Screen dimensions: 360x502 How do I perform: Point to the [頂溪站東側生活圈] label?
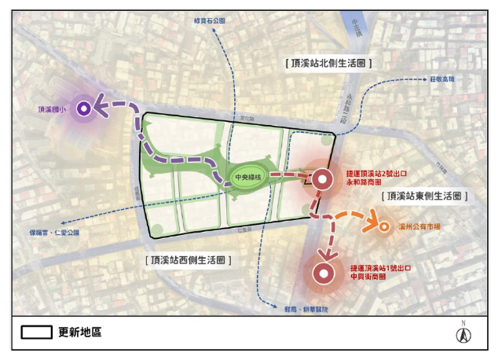(422, 196)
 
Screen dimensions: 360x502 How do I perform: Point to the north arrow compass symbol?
(464, 333)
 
